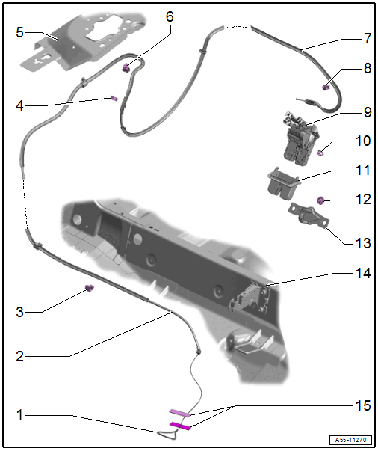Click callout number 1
point(19,414)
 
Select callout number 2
point(19,356)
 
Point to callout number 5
point(19,32)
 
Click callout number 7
point(367,37)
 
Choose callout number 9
point(367,113)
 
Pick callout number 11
point(363,170)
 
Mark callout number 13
point(363,242)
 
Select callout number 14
point(363,274)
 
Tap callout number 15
point(363,405)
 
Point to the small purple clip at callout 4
point(114,98)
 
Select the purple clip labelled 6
point(127,68)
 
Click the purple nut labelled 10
point(320,153)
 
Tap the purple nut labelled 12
point(320,200)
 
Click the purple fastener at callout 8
point(326,88)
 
